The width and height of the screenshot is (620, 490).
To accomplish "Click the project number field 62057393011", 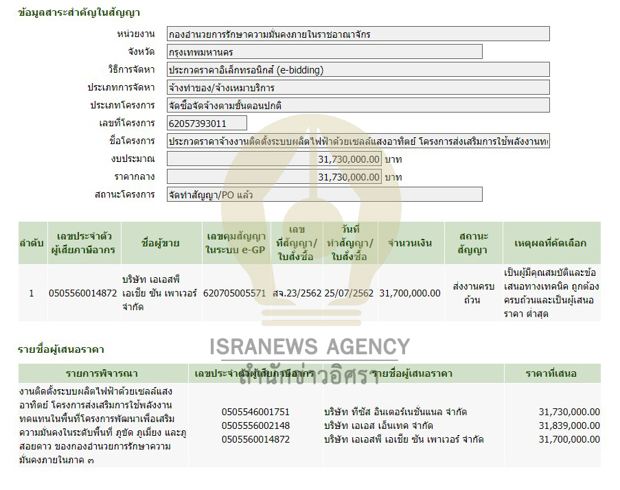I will pos(207,124).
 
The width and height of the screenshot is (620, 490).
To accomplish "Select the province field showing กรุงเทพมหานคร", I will pos(324,52).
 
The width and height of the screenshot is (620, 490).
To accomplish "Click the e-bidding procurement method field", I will pos(358,70).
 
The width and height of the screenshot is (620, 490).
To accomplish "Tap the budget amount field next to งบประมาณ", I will pos(274,159).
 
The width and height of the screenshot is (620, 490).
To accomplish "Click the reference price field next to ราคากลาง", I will pos(274,177).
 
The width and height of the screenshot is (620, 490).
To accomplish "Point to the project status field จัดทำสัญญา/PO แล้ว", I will pos(324,195).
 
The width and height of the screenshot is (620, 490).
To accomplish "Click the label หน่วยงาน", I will pos(136,34).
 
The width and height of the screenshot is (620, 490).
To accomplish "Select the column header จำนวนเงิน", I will pos(410,243).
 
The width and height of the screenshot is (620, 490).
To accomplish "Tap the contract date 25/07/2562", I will pos(349,293).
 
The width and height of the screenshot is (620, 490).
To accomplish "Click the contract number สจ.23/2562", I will pos(297,293).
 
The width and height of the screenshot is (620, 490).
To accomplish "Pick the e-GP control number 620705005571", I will pos(235,293).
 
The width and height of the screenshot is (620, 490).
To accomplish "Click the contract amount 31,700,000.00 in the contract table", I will pos(410,293).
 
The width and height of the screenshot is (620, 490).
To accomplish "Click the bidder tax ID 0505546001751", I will pos(255,412).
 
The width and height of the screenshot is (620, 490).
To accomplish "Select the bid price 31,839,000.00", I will pos(569,425).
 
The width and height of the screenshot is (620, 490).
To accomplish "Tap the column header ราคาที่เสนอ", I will pos(552,374).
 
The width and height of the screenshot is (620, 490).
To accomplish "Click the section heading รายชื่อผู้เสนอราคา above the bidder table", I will pos(61,350).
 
